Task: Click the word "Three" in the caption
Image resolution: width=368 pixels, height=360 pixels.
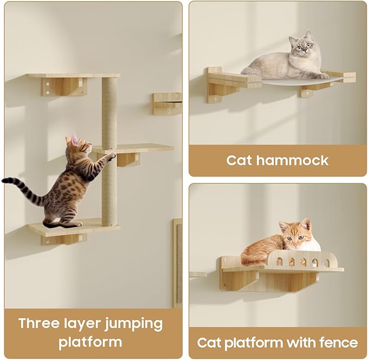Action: pyautogui.click(x=40, y=324)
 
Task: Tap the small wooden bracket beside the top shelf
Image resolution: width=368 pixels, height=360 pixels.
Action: pyautogui.click(x=166, y=103)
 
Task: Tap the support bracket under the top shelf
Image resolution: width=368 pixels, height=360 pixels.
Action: pyautogui.click(x=64, y=87)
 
